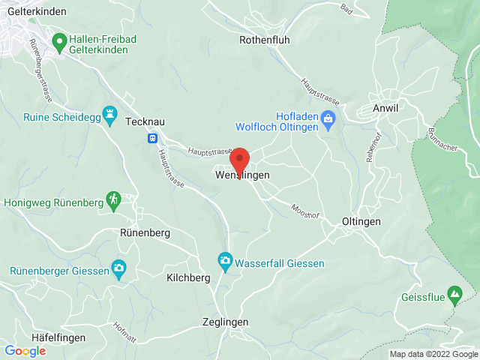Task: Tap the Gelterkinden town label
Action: (x=34, y=11)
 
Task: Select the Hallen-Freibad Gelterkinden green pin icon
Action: (x=58, y=40)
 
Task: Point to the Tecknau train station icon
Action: (x=153, y=138)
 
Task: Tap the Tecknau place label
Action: (x=147, y=121)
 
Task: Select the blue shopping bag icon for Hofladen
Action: (x=328, y=118)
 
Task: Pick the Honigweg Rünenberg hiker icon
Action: (x=112, y=200)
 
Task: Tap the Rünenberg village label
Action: (x=145, y=232)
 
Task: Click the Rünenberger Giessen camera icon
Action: (x=118, y=268)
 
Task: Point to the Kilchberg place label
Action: (x=188, y=277)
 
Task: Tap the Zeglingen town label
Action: (x=225, y=322)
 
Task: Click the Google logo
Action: (x=25, y=351)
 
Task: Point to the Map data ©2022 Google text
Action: (x=433, y=354)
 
